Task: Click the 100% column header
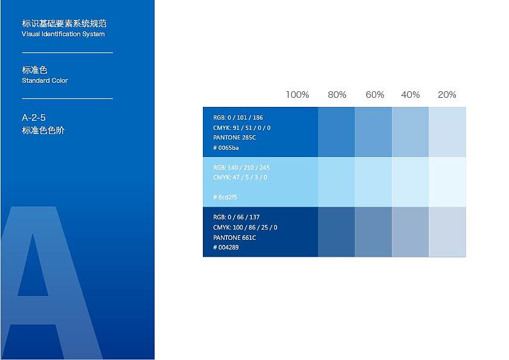(297, 95)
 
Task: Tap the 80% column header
(337, 95)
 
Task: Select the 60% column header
(374, 95)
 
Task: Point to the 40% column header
(411, 95)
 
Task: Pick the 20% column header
(447, 95)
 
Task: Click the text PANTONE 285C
(234, 137)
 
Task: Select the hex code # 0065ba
(226, 147)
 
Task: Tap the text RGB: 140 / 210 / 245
(242, 167)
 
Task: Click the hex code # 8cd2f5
(225, 197)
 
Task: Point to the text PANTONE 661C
(234, 237)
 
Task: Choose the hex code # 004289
(226, 248)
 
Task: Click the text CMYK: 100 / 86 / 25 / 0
(245, 227)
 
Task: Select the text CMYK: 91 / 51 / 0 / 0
(242, 127)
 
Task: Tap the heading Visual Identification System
(63, 34)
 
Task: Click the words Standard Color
(45, 80)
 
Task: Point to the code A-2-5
(34, 118)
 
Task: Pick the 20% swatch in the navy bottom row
(447, 232)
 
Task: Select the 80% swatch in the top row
(336, 132)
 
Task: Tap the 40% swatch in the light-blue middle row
(411, 182)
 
